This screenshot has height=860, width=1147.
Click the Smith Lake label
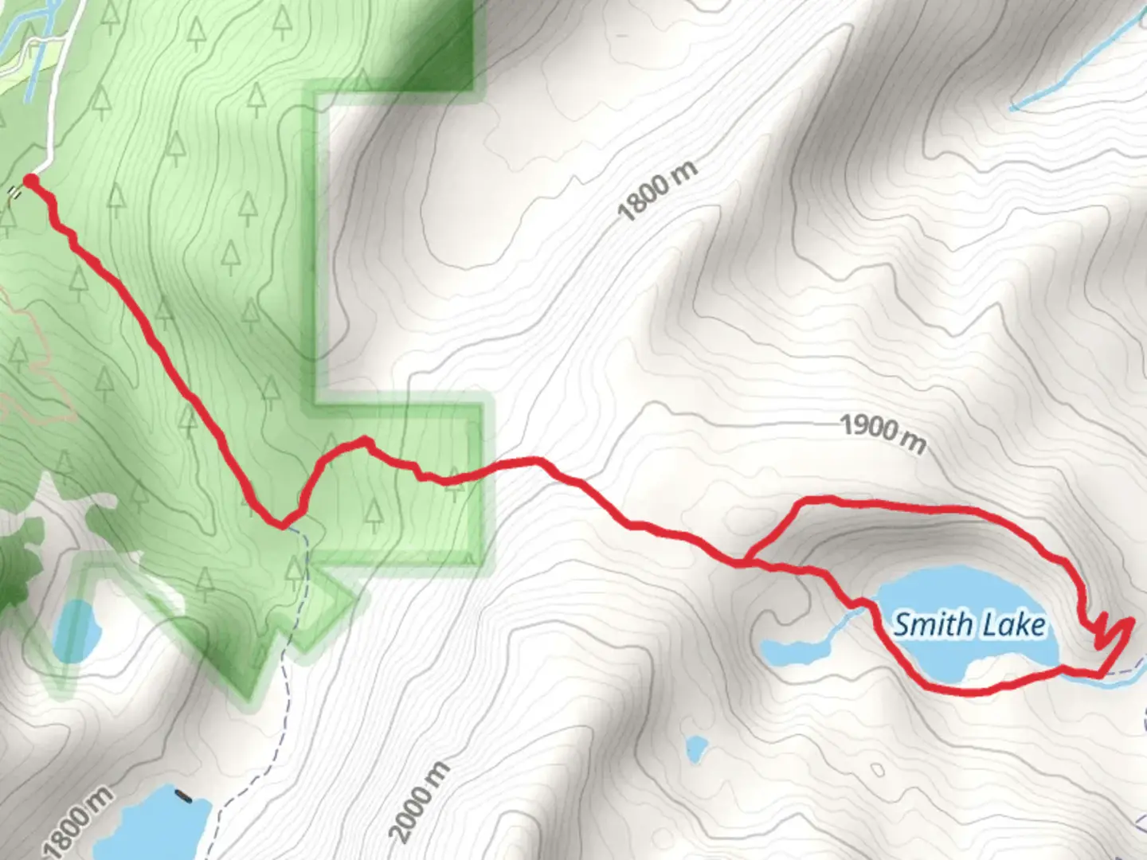click(969, 624)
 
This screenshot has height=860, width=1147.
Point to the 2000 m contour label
click(420, 802)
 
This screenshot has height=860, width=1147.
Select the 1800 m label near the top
click(657, 191)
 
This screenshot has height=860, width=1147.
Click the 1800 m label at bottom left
click(78, 820)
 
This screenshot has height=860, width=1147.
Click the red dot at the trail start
click(30, 182)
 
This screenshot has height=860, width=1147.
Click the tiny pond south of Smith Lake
click(696, 749)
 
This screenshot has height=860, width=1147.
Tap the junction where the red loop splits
click(746, 561)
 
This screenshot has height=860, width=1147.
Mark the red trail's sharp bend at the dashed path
click(282, 525)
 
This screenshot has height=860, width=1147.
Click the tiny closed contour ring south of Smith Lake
click(877, 770)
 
